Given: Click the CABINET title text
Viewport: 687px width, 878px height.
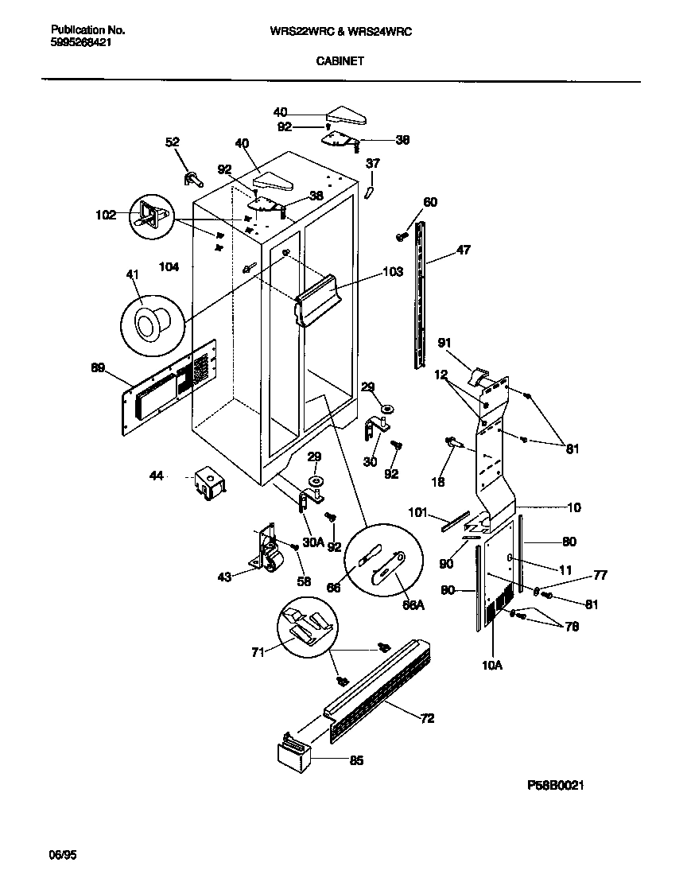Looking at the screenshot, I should tap(340, 60).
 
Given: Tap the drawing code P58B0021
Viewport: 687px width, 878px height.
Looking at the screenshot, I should tap(556, 785).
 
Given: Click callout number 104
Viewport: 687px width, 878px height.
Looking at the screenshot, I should tap(168, 268).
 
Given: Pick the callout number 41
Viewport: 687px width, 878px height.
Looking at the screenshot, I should tap(132, 274).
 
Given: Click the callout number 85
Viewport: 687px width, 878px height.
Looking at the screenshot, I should tap(355, 760).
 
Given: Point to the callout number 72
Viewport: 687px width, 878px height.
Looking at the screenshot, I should tap(427, 719).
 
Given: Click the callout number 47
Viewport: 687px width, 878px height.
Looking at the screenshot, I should tap(463, 250).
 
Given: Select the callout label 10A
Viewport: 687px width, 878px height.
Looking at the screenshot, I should tap(493, 665).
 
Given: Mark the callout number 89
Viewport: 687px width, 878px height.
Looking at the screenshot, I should tap(98, 367).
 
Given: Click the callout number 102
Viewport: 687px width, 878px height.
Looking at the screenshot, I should tap(105, 214).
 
